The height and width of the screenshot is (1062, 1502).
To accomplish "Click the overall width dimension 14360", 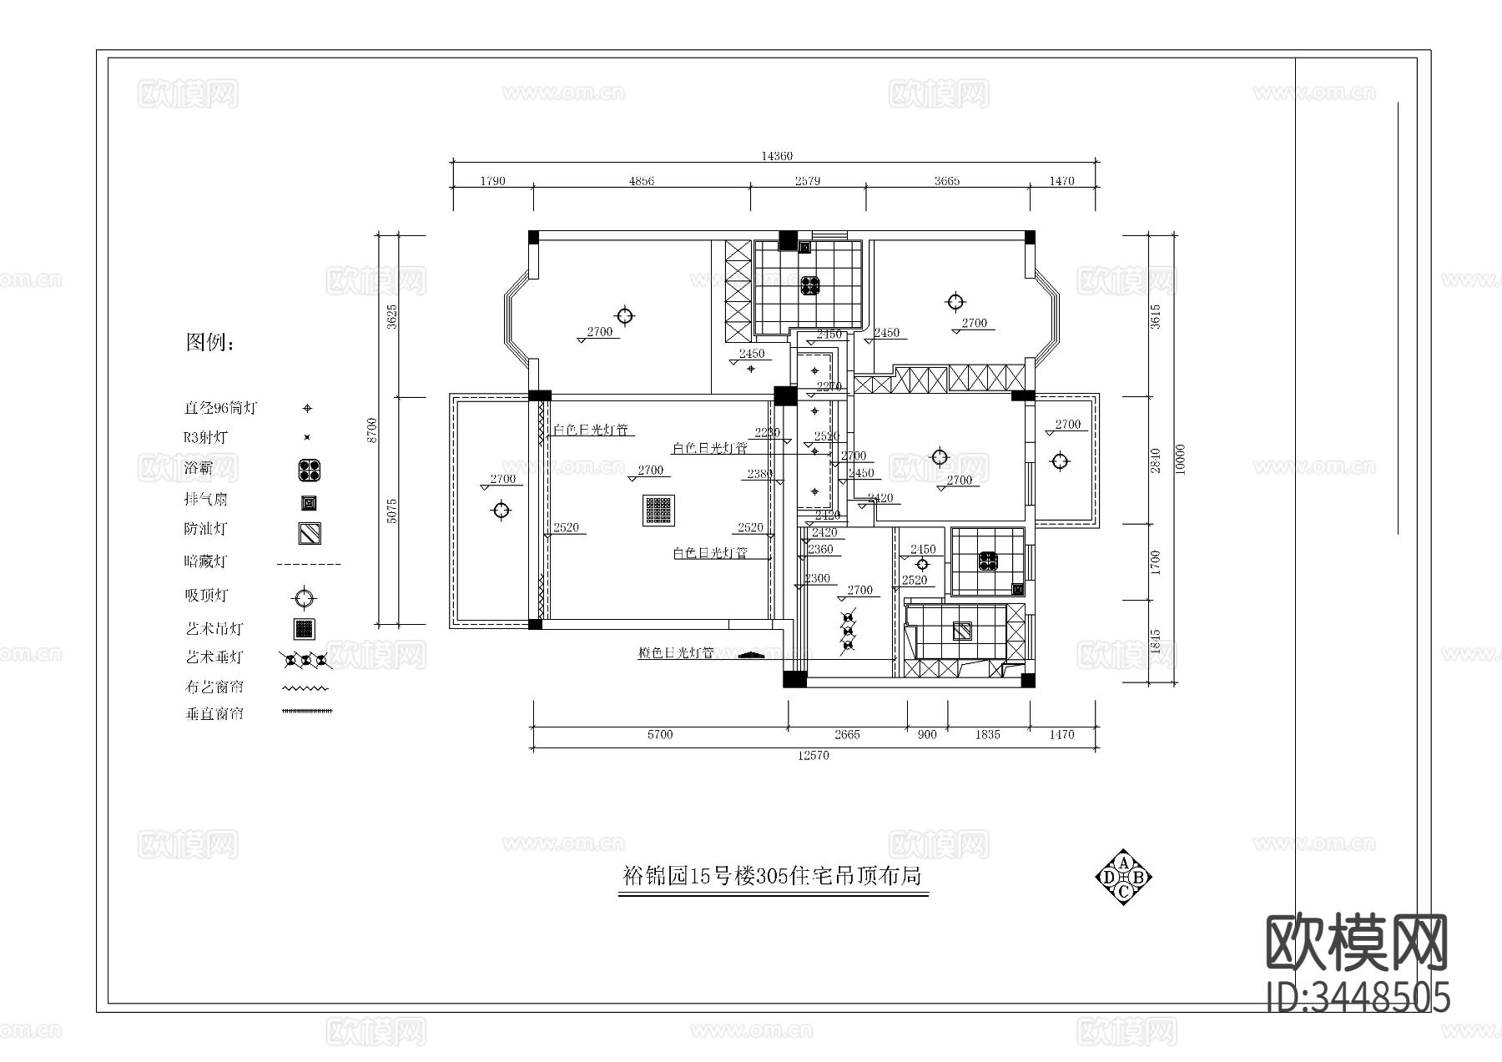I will [x=776, y=156].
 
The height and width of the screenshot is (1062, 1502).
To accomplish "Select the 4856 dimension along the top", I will [x=641, y=181].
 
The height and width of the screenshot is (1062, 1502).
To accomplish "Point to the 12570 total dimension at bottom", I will [x=814, y=756].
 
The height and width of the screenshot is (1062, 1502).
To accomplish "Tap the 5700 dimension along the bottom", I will [x=659, y=735].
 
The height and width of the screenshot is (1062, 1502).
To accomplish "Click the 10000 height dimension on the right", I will [x=1179, y=459].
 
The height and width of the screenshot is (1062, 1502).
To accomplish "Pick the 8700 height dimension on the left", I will [x=372, y=430].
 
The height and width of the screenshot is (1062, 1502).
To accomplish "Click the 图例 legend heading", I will [x=210, y=342].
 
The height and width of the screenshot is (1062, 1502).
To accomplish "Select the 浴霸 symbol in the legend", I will [x=310, y=471].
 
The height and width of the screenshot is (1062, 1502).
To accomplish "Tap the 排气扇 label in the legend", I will [x=205, y=500].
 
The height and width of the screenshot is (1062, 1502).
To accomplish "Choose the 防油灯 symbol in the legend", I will [x=310, y=533].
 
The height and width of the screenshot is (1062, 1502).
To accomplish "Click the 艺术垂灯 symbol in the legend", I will [x=306, y=661].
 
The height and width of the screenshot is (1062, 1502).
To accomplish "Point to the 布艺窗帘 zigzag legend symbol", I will [x=305, y=689].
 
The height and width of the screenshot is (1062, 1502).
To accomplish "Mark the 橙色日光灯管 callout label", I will [x=675, y=653].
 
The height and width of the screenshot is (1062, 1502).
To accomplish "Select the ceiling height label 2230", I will [x=767, y=433].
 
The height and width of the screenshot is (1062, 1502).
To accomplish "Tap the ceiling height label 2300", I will [x=817, y=578].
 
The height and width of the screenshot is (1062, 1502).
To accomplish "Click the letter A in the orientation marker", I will [x=1124, y=863].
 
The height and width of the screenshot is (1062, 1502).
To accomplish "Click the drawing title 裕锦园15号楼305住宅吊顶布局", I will [x=773, y=877].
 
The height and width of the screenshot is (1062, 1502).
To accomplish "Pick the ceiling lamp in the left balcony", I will [x=501, y=511].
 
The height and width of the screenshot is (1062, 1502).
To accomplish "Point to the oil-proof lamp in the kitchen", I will [x=962, y=631].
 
